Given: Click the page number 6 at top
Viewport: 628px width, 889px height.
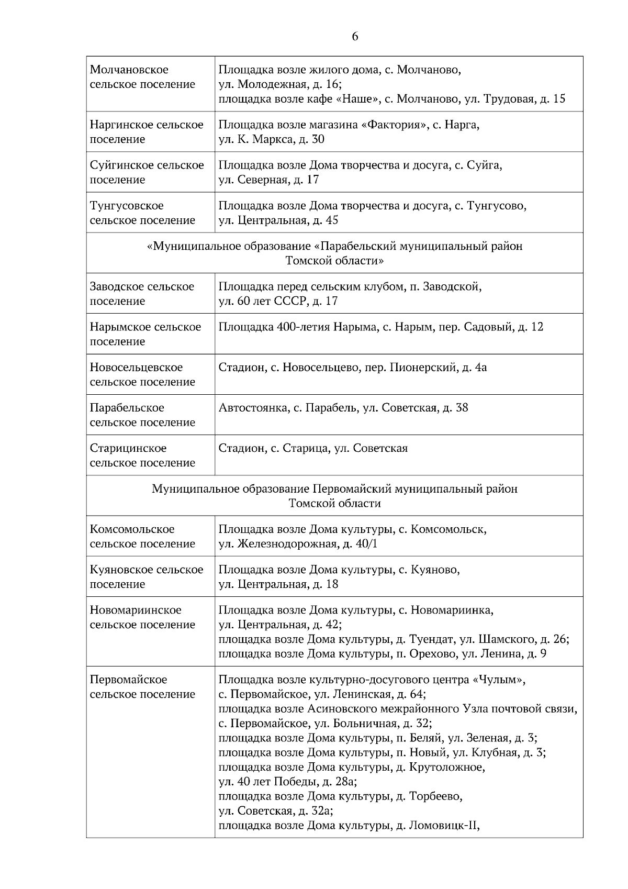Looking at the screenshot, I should coord(355,37).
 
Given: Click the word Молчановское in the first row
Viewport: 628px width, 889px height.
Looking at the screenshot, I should coord(129,70).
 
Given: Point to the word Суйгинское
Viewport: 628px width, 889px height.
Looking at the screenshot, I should coord(118,165).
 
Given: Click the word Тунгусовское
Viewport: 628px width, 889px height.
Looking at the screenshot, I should coord(126,206).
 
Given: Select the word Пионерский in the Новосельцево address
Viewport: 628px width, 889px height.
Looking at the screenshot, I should coord(423,368).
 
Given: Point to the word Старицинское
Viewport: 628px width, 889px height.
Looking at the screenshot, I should coord(128,448).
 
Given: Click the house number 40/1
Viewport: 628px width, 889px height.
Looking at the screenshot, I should coord(366,544).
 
